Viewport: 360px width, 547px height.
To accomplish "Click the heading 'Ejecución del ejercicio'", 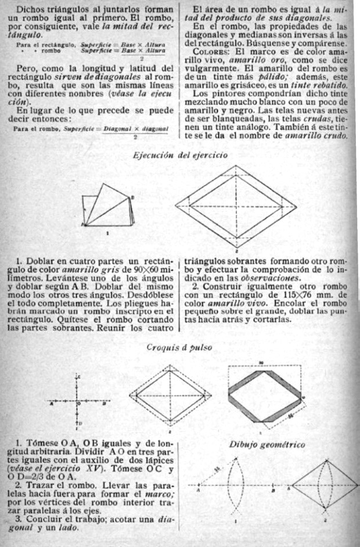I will click(x=180, y=155).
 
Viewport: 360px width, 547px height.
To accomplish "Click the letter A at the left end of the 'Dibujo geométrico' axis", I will click(x=198, y=490).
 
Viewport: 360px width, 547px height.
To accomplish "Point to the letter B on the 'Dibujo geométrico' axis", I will click(x=273, y=490).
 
